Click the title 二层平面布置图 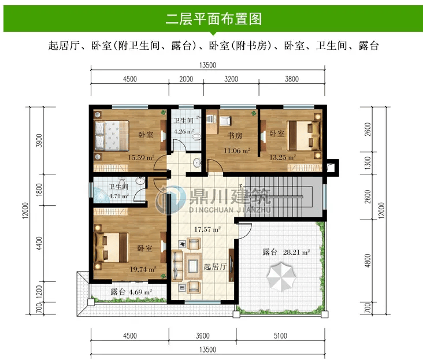(x=213, y=18)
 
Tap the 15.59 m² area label (x=141, y=157)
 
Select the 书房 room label (x=235, y=135)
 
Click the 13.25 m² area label (x=283, y=157)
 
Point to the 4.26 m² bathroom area (x=184, y=132)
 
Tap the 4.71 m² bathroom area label (x=118, y=196)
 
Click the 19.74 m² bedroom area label (x=143, y=269)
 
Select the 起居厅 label (x=215, y=267)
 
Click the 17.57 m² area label (x=207, y=229)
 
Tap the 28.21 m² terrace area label (x=296, y=252)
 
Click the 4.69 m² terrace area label (x=140, y=292)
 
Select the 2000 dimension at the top (x=186, y=79)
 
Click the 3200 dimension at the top (x=231, y=79)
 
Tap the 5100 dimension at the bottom (x=280, y=336)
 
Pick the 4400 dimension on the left (x=39, y=243)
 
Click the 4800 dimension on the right (x=368, y=261)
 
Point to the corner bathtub (x=101, y=195)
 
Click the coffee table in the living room (x=193, y=266)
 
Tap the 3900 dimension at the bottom (x=203, y=336)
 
